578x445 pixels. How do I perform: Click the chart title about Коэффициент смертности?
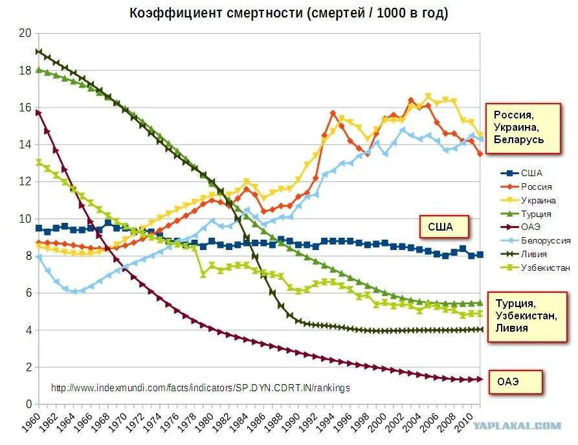click(x=289, y=13)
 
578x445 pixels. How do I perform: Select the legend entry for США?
click(x=531, y=173)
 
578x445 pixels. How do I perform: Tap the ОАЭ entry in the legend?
click(x=530, y=227)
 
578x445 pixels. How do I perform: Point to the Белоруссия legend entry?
click(x=546, y=240)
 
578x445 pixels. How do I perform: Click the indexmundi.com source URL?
click(x=201, y=388)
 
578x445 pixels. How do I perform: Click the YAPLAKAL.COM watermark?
click(x=526, y=426)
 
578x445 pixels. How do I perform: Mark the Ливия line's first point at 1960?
click(x=39, y=51)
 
